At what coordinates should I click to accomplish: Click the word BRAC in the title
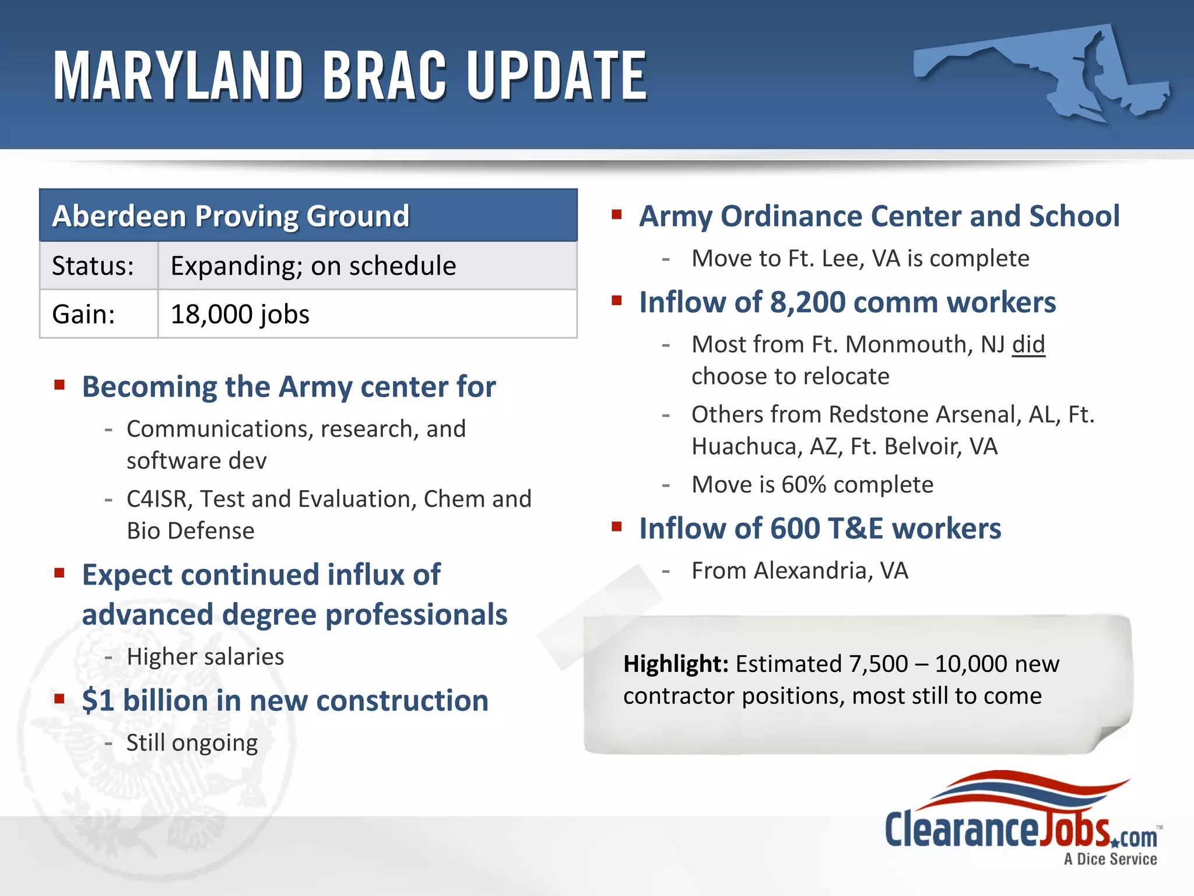click(384, 76)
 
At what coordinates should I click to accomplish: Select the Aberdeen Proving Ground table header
click(308, 215)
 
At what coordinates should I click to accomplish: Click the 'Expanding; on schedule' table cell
click(367, 266)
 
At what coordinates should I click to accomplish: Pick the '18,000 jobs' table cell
click(367, 314)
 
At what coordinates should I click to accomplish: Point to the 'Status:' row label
click(93, 266)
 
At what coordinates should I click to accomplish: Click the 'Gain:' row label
click(84, 314)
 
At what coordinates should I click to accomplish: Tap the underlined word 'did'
click(1028, 344)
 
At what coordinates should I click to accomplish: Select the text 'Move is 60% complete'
click(812, 485)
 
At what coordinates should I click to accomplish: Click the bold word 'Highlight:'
click(675, 664)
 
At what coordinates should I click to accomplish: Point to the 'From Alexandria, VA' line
click(799, 570)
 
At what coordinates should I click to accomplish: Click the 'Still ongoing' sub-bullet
click(192, 743)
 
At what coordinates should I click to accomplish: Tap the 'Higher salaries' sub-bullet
click(205, 657)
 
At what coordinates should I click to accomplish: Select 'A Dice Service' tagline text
click(1110, 859)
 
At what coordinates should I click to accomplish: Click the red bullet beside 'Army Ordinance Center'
click(617, 215)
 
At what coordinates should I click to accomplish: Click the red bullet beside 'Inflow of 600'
click(617, 527)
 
